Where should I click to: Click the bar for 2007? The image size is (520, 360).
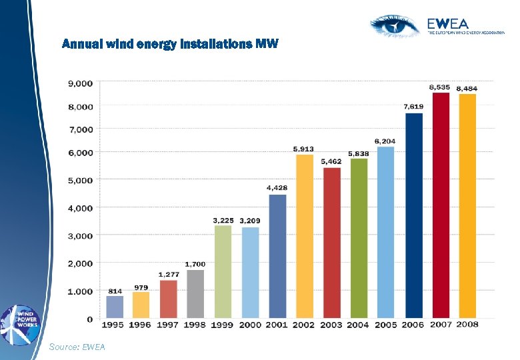coord(441,205)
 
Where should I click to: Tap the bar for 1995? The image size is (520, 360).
coord(115,307)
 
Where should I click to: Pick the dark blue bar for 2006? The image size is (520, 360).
coord(413,215)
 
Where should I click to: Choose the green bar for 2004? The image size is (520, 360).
coord(359,237)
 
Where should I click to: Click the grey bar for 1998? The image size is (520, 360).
coord(195,293)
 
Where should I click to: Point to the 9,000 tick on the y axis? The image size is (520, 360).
coord(80,83)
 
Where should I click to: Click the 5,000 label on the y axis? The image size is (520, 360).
coord(80,180)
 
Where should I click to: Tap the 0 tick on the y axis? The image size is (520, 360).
coord(90,319)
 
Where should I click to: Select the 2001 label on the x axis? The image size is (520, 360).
coord(277,325)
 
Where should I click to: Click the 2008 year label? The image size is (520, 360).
coord(467,325)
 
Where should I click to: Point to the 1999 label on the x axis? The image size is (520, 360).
coord(222,325)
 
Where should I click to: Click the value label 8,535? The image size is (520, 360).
coord(439,87)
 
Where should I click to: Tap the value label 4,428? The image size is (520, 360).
coord(277,188)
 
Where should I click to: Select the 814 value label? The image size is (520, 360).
coord(115,291)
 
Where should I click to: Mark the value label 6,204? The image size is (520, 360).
coord(385,141)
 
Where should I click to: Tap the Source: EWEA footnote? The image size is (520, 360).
coord(77,347)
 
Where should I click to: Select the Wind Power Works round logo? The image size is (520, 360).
coord(21,325)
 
